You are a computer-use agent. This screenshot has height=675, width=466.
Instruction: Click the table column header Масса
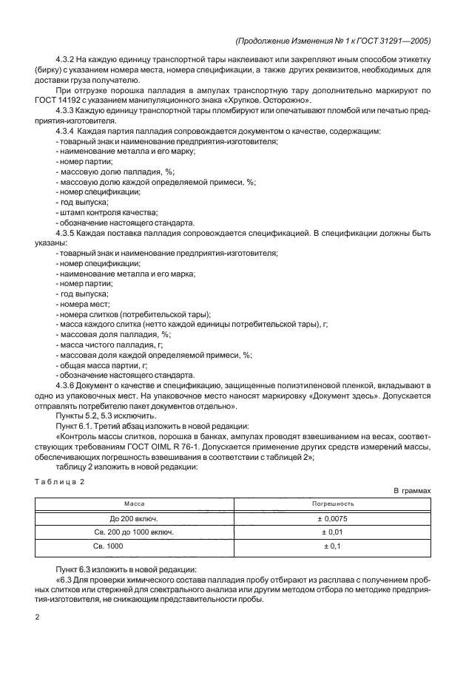pos(134,503)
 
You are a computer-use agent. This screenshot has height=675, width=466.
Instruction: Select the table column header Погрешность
pos(333,503)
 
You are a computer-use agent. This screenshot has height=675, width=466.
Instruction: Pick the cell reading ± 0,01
pos(333,532)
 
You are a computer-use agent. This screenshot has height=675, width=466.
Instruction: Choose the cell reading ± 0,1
pos(333,546)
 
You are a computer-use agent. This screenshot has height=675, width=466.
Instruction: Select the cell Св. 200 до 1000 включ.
pos(134,532)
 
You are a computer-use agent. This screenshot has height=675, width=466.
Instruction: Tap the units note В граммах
pos(412,490)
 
